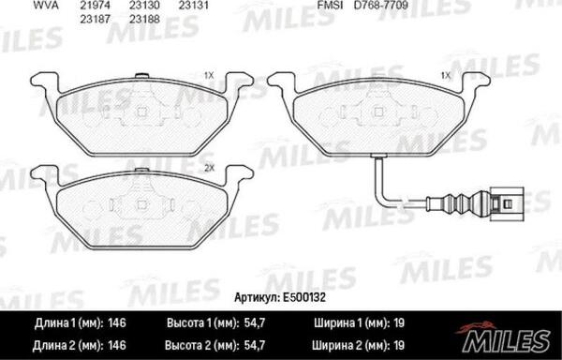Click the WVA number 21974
(x=95, y=6)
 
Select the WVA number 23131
(x=194, y=6)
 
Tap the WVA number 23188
(x=144, y=19)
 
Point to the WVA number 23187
(x=95, y=19)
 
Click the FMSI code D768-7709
(x=375, y=6)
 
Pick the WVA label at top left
(x=46, y=6)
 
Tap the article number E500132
(x=303, y=297)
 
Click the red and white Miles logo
(x=504, y=337)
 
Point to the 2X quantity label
(x=208, y=168)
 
